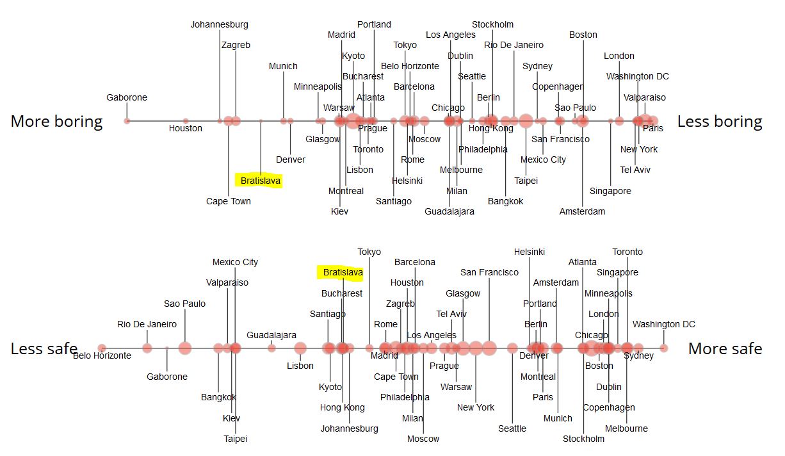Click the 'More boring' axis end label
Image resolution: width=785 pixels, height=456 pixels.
click(x=56, y=122)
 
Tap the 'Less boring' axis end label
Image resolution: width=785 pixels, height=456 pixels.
click(x=720, y=122)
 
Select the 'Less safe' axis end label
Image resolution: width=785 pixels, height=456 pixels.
click(x=44, y=349)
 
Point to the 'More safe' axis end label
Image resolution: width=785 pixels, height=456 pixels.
click(x=725, y=349)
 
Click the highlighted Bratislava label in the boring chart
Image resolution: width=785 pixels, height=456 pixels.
click(x=261, y=181)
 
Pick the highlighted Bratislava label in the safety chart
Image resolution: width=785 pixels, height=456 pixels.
click(x=343, y=273)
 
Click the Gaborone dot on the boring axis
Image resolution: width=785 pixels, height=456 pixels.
click(x=127, y=121)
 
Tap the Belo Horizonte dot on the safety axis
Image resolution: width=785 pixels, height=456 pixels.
click(x=102, y=348)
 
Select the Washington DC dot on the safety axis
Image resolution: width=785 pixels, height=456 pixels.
click(x=663, y=348)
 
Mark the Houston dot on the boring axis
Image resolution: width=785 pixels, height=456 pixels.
click(x=186, y=121)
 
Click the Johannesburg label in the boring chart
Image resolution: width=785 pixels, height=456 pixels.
click(x=219, y=25)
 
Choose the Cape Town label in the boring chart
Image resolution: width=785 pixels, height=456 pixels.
click(x=229, y=201)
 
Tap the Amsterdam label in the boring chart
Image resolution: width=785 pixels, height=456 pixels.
click(x=582, y=211)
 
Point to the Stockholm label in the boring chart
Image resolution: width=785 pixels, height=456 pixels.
click(x=492, y=25)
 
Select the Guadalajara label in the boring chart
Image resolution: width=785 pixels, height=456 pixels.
click(x=449, y=211)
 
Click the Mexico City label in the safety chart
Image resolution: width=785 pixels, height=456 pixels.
click(x=235, y=262)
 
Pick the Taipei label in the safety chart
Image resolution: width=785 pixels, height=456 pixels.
click(x=235, y=439)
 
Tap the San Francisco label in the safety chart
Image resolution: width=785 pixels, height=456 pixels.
click(x=489, y=273)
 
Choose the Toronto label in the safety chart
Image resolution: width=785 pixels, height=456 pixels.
click(x=627, y=252)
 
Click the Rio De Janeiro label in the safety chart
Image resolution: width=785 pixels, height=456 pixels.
click(x=147, y=324)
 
